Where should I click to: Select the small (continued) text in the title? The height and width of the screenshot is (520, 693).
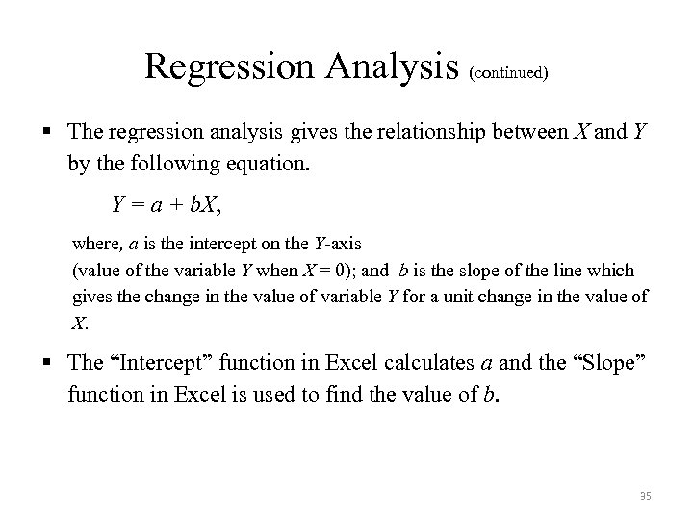(509, 71)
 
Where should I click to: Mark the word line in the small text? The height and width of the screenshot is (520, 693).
(573, 270)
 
